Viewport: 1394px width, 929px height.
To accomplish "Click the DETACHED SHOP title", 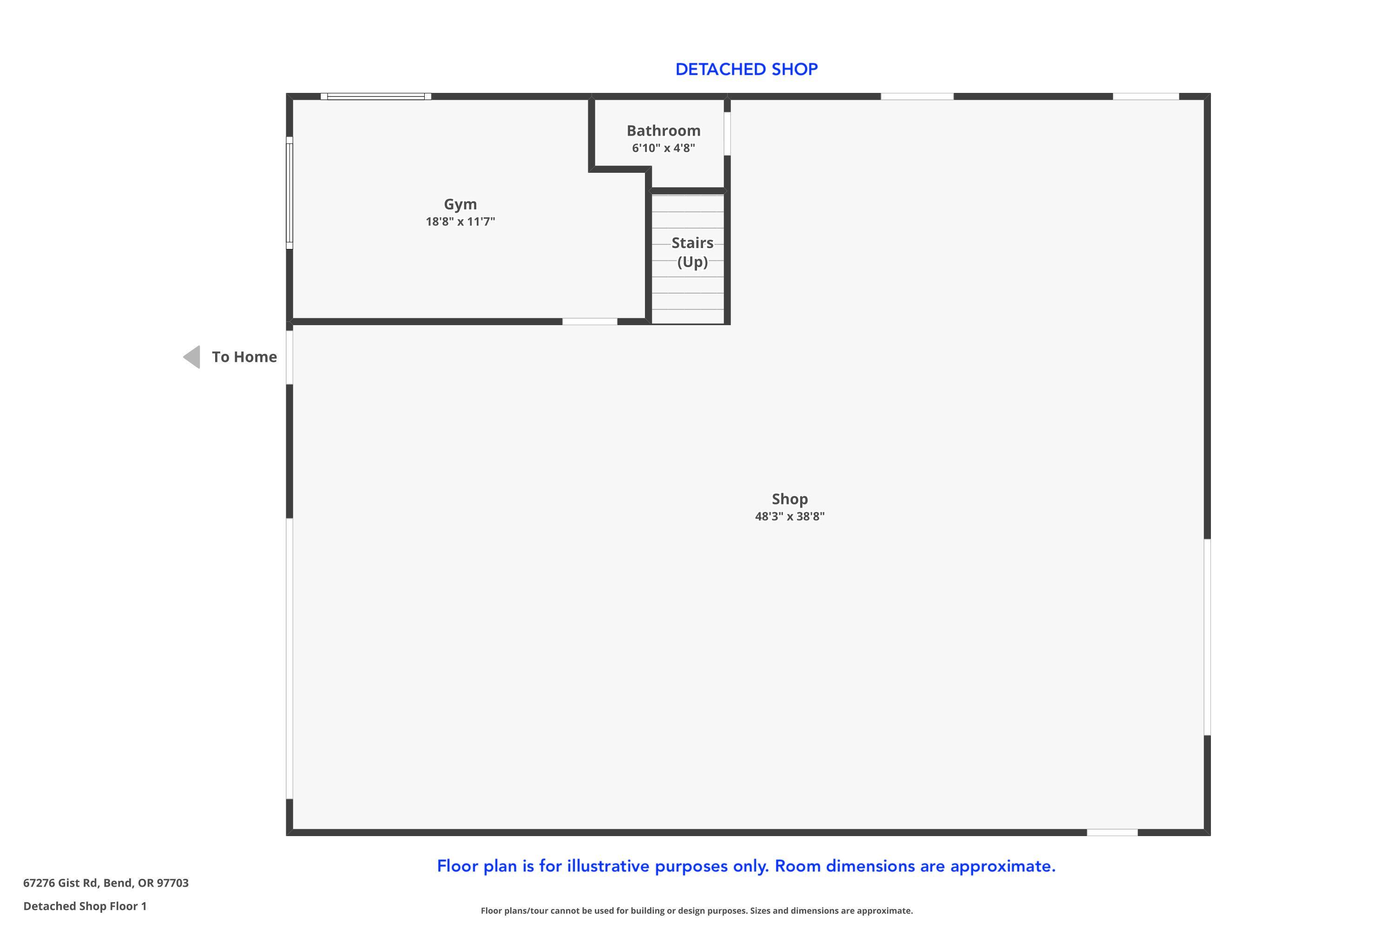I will pyautogui.click(x=746, y=69).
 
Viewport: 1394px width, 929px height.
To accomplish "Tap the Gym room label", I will pyautogui.click(x=460, y=204).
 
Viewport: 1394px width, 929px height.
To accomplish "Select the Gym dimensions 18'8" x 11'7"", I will pyautogui.click(x=460, y=222).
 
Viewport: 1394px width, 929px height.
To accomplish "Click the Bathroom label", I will pyautogui.click(x=663, y=131).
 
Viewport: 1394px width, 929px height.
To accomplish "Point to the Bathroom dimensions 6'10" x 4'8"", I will pyautogui.click(x=663, y=148).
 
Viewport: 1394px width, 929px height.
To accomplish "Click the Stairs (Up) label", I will pyautogui.click(x=692, y=252).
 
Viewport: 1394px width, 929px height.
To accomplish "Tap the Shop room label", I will pyautogui.click(x=789, y=499).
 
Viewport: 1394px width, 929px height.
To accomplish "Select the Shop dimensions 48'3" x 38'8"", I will pyautogui.click(x=789, y=516).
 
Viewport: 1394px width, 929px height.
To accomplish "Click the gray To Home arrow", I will pyautogui.click(x=191, y=357).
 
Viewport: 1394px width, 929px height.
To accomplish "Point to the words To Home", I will pyautogui.click(x=244, y=357).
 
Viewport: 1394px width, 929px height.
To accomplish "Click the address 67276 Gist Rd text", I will pyautogui.click(x=105, y=883).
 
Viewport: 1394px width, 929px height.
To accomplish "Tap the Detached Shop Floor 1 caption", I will pyautogui.click(x=85, y=906).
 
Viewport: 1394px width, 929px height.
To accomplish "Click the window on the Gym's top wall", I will pyautogui.click(x=376, y=96).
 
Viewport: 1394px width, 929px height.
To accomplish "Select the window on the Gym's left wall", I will pyautogui.click(x=289, y=193).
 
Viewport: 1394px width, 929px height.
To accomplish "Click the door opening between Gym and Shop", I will pyautogui.click(x=590, y=322).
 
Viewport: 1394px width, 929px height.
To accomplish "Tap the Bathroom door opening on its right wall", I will pyautogui.click(x=727, y=133).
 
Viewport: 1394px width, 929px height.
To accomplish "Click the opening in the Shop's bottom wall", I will pyautogui.click(x=1112, y=832).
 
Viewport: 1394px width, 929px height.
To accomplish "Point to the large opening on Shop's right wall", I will pyautogui.click(x=1207, y=637).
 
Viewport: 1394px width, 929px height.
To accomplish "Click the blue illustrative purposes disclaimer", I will pyautogui.click(x=746, y=866).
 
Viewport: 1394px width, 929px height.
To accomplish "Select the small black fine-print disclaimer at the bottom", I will pyautogui.click(x=697, y=910).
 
